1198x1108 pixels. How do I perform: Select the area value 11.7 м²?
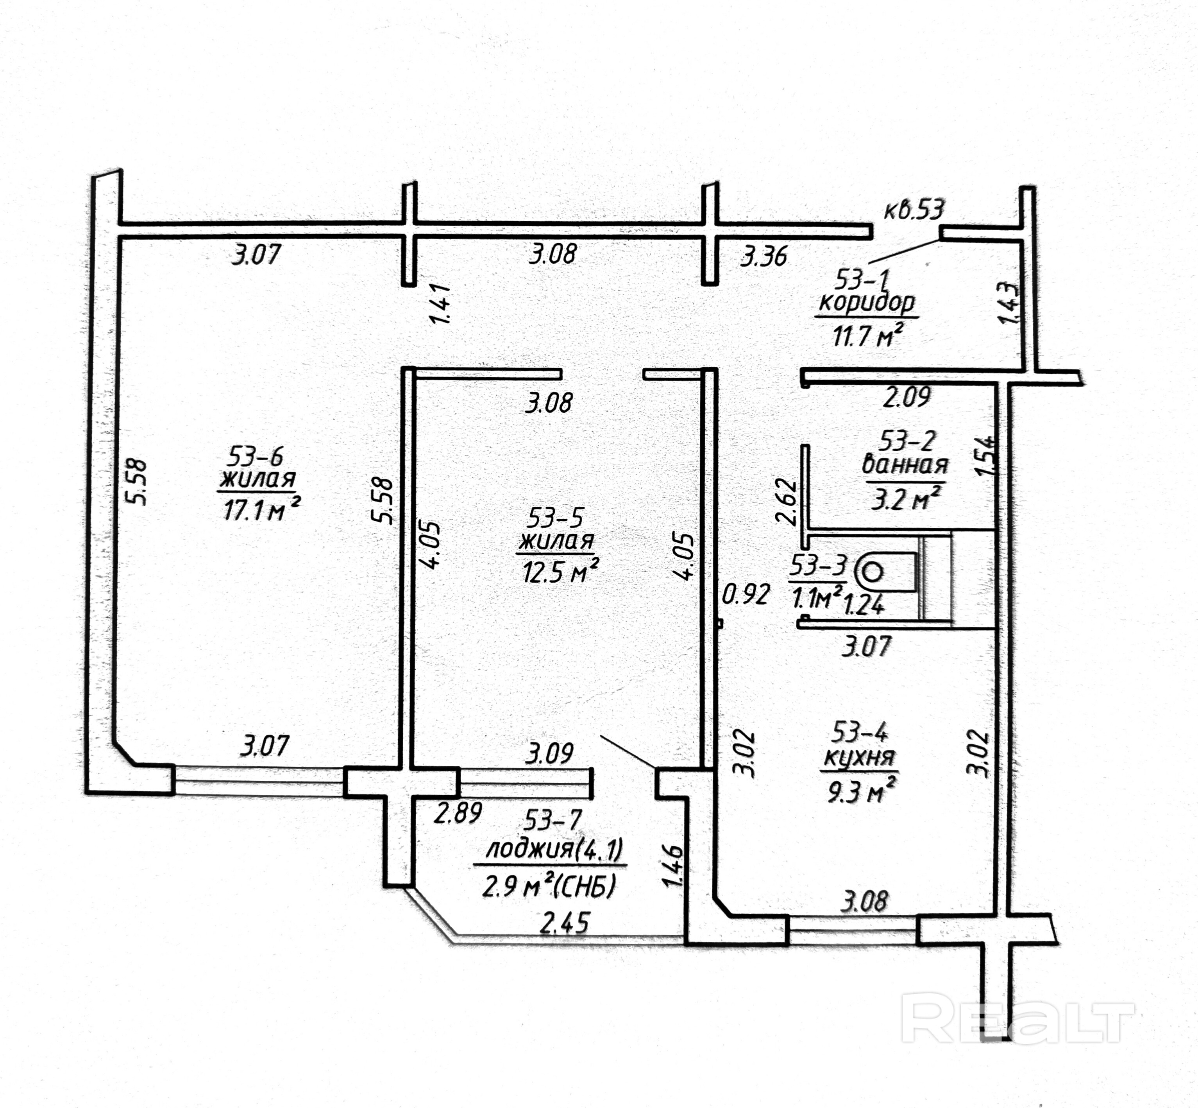point(867,336)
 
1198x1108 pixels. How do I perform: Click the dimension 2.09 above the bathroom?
point(906,397)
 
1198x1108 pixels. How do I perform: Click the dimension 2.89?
point(458,813)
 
